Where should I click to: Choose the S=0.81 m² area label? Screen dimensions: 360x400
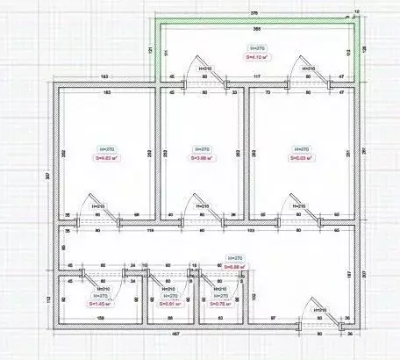pos(171,306)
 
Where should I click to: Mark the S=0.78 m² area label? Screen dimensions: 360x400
pos(219,306)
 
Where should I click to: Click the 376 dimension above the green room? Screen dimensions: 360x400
pos(254,13)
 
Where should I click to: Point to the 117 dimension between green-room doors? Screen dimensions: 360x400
pos(257,77)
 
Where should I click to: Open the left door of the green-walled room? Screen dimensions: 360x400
pos(209,76)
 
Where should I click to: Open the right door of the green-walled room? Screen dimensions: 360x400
pos(304,76)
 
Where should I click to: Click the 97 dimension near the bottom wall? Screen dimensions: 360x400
pos(273,317)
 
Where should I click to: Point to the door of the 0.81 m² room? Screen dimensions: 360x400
pos(161,280)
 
